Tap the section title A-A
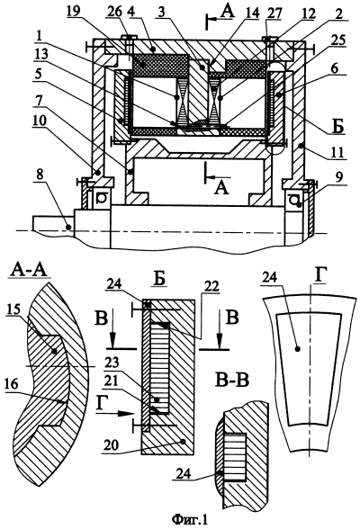(31, 270)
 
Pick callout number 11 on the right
(337, 153)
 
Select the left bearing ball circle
(100, 200)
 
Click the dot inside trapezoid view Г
(297, 350)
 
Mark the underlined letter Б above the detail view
(160, 282)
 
